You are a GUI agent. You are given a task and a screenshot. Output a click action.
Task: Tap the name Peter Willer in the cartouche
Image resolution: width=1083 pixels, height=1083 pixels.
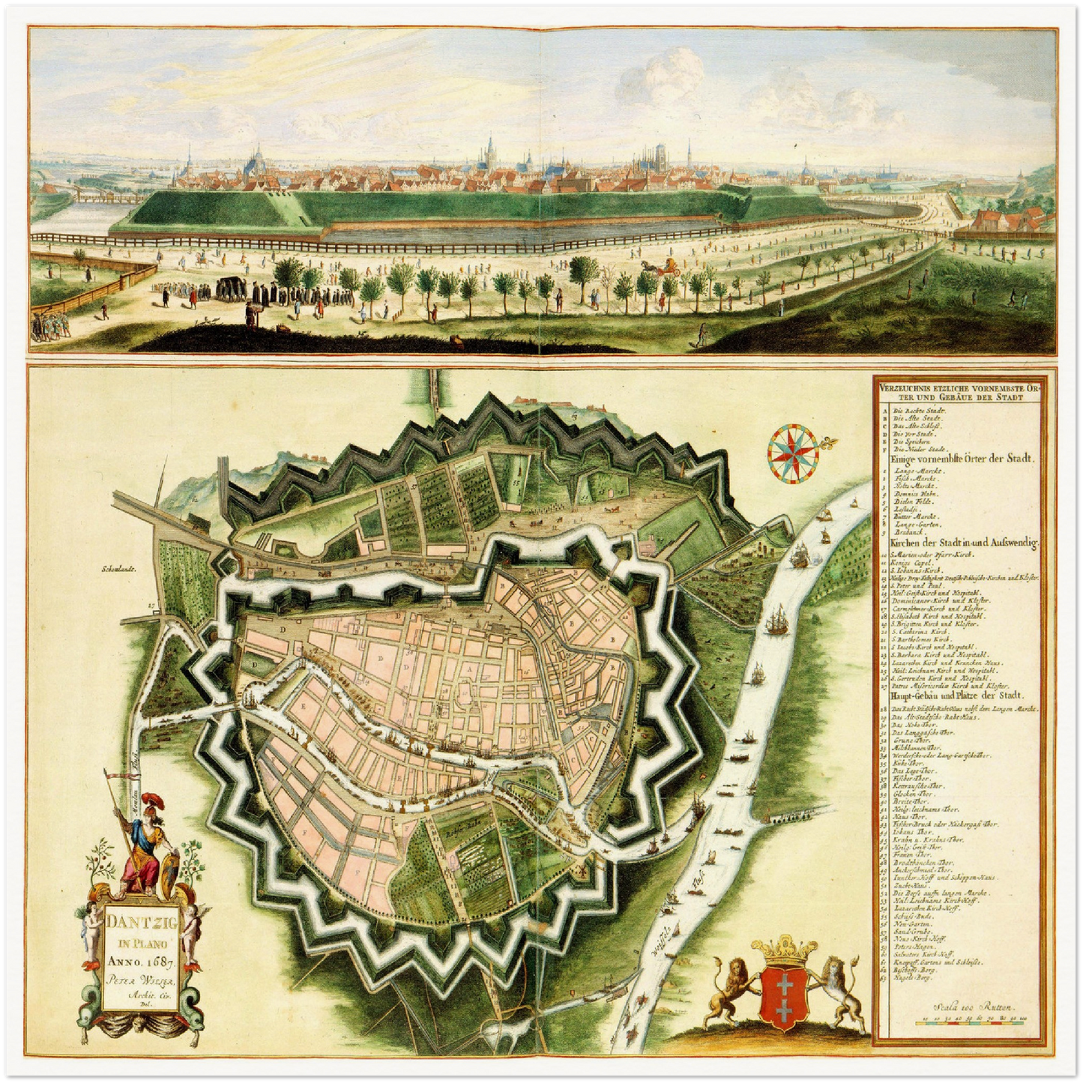click(x=140, y=980)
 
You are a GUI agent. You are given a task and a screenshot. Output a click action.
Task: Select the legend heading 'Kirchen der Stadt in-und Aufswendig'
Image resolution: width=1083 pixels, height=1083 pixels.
click(x=962, y=542)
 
